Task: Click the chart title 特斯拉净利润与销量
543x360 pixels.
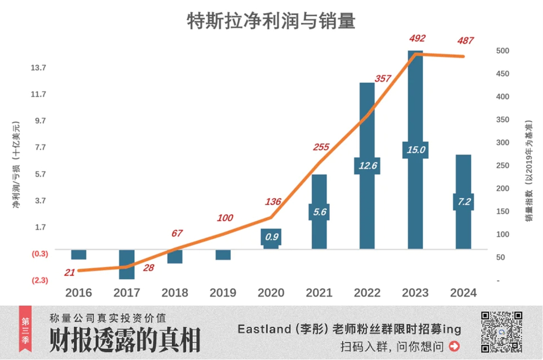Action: click(x=271, y=21)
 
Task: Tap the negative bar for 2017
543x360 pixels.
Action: click(x=127, y=264)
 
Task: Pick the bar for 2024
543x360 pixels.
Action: click(x=463, y=174)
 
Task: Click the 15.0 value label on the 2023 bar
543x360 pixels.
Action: click(x=415, y=150)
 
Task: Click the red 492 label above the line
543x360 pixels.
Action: click(x=417, y=39)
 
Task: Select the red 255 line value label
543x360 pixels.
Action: click(x=321, y=147)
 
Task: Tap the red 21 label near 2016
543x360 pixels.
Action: click(x=70, y=272)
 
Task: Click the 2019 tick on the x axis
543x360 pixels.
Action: click(x=223, y=293)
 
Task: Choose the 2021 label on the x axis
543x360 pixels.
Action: click(x=319, y=293)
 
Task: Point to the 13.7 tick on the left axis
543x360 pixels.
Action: click(x=39, y=68)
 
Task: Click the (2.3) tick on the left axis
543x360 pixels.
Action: click(x=39, y=280)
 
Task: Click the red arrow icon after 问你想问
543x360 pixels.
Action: click(x=454, y=346)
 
